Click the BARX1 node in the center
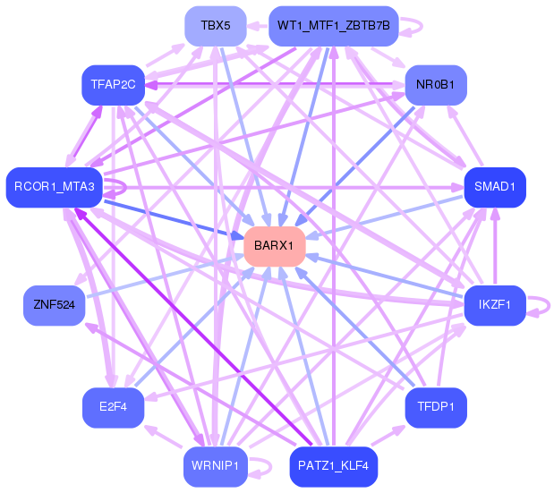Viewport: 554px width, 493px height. [x=275, y=246]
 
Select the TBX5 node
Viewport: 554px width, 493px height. [x=216, y=26]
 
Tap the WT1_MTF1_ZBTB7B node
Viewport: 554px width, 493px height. [x=334, y=26]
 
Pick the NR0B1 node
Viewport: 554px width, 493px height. [x=436, y=85]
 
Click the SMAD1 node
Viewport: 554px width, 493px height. [x=495, y=187]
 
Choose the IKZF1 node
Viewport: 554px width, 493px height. [x=495, y=305]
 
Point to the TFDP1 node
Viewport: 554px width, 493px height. [x=436, y=407]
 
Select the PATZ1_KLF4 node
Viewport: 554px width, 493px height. [x=334, y=466]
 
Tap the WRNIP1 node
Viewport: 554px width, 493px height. [x=216, y=466]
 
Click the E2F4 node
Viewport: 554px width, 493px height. [x=113, y=407]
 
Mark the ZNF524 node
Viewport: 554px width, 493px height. [x=54, y=305]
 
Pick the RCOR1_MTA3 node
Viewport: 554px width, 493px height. [x=54, y=187]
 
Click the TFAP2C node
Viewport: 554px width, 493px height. [x=113, y=85]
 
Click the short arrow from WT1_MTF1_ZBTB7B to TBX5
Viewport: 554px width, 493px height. [x=258, y=26]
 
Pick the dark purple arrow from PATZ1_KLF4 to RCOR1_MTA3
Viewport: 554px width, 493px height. [x=193, y=327]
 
